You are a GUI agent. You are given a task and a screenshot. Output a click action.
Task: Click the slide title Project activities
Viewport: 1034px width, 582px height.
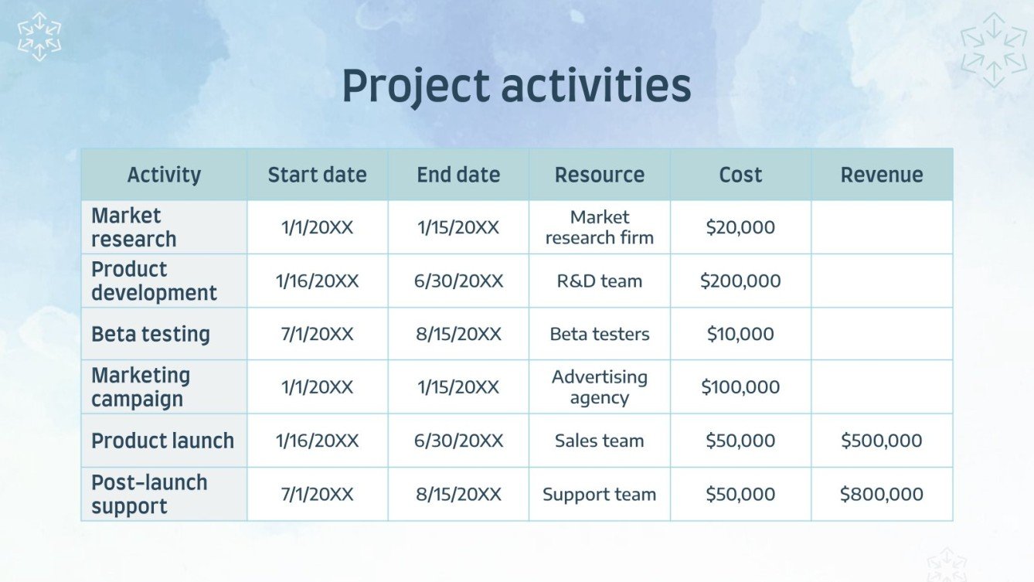coord(516,86)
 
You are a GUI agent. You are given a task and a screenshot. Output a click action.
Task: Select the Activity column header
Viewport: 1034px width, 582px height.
coord(164,175)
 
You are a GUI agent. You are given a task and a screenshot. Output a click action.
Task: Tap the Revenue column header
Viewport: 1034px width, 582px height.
coord(882,175)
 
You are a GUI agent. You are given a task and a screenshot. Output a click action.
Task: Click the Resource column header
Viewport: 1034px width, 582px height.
coord(600,175)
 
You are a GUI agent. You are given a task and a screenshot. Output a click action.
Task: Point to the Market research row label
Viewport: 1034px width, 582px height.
coord(134,227)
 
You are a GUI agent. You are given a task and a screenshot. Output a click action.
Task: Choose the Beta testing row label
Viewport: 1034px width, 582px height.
coord(151,334)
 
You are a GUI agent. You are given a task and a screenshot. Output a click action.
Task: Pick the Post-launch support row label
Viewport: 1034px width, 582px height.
coord(149,494)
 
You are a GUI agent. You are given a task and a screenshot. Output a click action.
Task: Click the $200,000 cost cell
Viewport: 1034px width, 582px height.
coord(740,281)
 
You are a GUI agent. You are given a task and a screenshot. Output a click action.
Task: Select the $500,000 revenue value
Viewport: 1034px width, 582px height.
coord(882,441)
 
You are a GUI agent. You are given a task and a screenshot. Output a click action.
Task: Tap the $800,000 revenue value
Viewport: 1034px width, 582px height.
coord(882,494)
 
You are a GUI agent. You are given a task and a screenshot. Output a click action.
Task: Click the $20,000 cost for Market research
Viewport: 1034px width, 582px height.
coord(740,227)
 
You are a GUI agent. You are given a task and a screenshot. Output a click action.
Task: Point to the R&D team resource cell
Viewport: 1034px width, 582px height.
coord(600,281)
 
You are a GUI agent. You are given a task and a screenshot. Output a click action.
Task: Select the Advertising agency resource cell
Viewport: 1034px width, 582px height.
coord(600,387)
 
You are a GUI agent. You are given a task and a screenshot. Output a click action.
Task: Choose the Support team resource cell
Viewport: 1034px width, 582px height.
coord(600,494)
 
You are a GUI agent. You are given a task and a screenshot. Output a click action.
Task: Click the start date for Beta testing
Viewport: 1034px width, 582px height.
coord(318,334)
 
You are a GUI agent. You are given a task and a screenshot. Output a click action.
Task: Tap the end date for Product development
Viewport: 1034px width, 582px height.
coord(458,281)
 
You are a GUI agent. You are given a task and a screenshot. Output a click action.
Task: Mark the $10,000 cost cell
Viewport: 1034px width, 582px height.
coord(740,334)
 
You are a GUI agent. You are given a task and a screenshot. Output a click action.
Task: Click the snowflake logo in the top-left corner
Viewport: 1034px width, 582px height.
coord(39,37)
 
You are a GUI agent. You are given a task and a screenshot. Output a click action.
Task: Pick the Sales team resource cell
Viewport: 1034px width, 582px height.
coord(600,441)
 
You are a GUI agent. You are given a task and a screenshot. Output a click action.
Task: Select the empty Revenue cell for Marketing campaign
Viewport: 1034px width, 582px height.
coord(882,387)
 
